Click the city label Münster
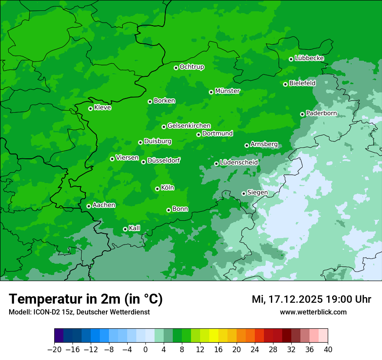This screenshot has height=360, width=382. coord(227,91)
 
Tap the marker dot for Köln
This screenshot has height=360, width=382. coord(157,189)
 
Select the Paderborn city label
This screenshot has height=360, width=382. coord(321,113)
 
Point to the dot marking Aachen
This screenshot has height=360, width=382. coord(89,206)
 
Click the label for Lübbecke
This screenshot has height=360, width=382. coord(309,58)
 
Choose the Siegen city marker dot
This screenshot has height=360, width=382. coord(244,193)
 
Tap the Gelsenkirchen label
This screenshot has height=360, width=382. coord(189,126)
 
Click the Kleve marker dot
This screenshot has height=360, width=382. coord(90,108)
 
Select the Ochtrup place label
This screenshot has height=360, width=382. coord(192,67)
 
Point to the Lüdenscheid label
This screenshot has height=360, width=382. coord(239,163)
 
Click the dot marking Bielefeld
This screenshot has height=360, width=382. coord(285,84)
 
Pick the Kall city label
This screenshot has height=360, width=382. coord(135,228)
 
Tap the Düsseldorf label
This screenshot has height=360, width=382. coord(164,160)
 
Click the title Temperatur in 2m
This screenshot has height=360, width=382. coord(86,299)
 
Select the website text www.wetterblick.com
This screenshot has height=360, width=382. coord(313,312)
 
